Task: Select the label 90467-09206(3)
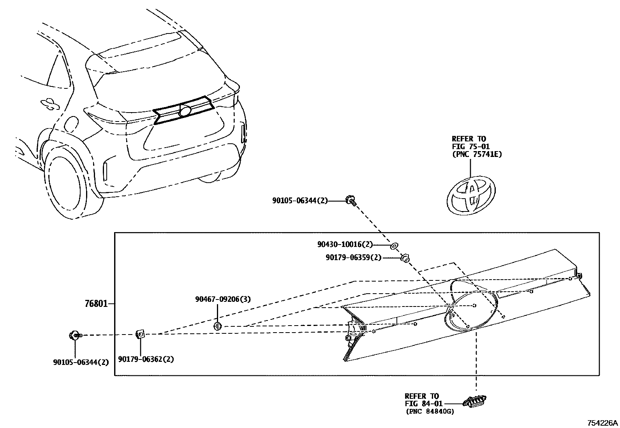(223, 299)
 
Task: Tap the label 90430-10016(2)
(345, 245)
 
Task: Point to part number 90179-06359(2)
(353, 257)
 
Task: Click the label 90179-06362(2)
(146, 359)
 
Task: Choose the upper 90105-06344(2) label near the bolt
(300, 201)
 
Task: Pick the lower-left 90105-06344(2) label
(81, 362)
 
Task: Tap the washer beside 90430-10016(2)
(394, 245)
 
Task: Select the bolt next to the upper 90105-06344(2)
(351, 201)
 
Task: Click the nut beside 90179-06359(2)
(405, 258)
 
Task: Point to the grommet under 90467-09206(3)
(218, 326)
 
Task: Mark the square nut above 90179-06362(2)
(140, 334)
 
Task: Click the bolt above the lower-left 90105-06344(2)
(74, 335)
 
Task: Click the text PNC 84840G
(430, 411)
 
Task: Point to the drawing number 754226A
(602, 423)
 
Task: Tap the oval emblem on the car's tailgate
(185, 110)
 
